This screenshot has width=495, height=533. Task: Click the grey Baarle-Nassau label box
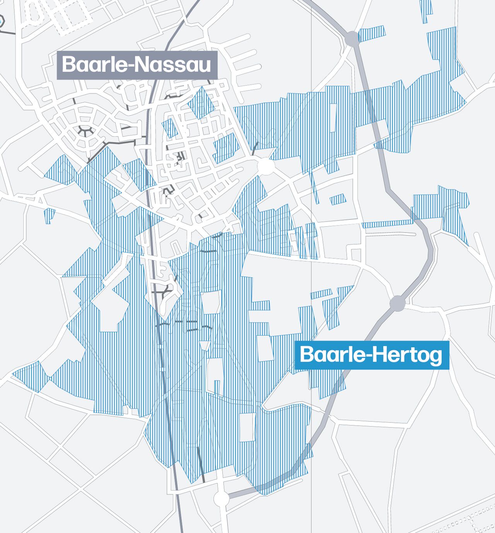click(137, 65)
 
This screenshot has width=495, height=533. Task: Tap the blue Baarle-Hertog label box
click(371, 355)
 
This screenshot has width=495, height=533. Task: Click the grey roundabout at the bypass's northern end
click(352, 39)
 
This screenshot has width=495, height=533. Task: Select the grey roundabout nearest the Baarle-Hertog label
click(397, 303)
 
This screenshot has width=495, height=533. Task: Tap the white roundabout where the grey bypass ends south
click(222, 499)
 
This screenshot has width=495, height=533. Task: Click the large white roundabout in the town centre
click(266, 166)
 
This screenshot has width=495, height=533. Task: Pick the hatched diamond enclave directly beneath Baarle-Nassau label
click(201, 102)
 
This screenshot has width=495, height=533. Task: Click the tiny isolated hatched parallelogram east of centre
click(338, 200)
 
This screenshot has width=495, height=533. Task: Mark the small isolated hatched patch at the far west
click(49, 215)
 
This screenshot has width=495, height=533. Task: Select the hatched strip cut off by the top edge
click(426, 10)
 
